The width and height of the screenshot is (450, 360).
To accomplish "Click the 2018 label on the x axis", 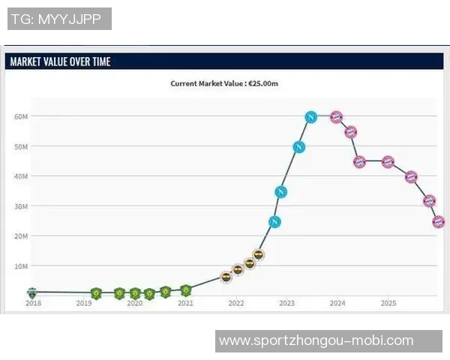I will point(33,304).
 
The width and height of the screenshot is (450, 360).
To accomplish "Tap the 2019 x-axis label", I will point(83,304).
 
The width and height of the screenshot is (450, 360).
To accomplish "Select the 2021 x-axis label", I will point(185,304).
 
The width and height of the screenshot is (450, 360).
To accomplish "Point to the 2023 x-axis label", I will point(286,304).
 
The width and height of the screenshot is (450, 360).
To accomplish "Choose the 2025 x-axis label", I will point(388,304).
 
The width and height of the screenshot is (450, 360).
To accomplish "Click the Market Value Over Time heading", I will point(60,61).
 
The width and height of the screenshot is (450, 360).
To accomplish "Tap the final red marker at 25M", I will point(439,222).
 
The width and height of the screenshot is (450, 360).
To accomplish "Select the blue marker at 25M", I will point(274,222).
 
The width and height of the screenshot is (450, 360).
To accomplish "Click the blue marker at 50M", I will point(298,147).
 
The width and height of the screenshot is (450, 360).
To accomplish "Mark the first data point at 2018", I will point(32,292).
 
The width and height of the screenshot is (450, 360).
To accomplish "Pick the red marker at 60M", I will point(336,117).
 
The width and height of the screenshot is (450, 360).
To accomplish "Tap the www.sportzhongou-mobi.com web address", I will point(316,341).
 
